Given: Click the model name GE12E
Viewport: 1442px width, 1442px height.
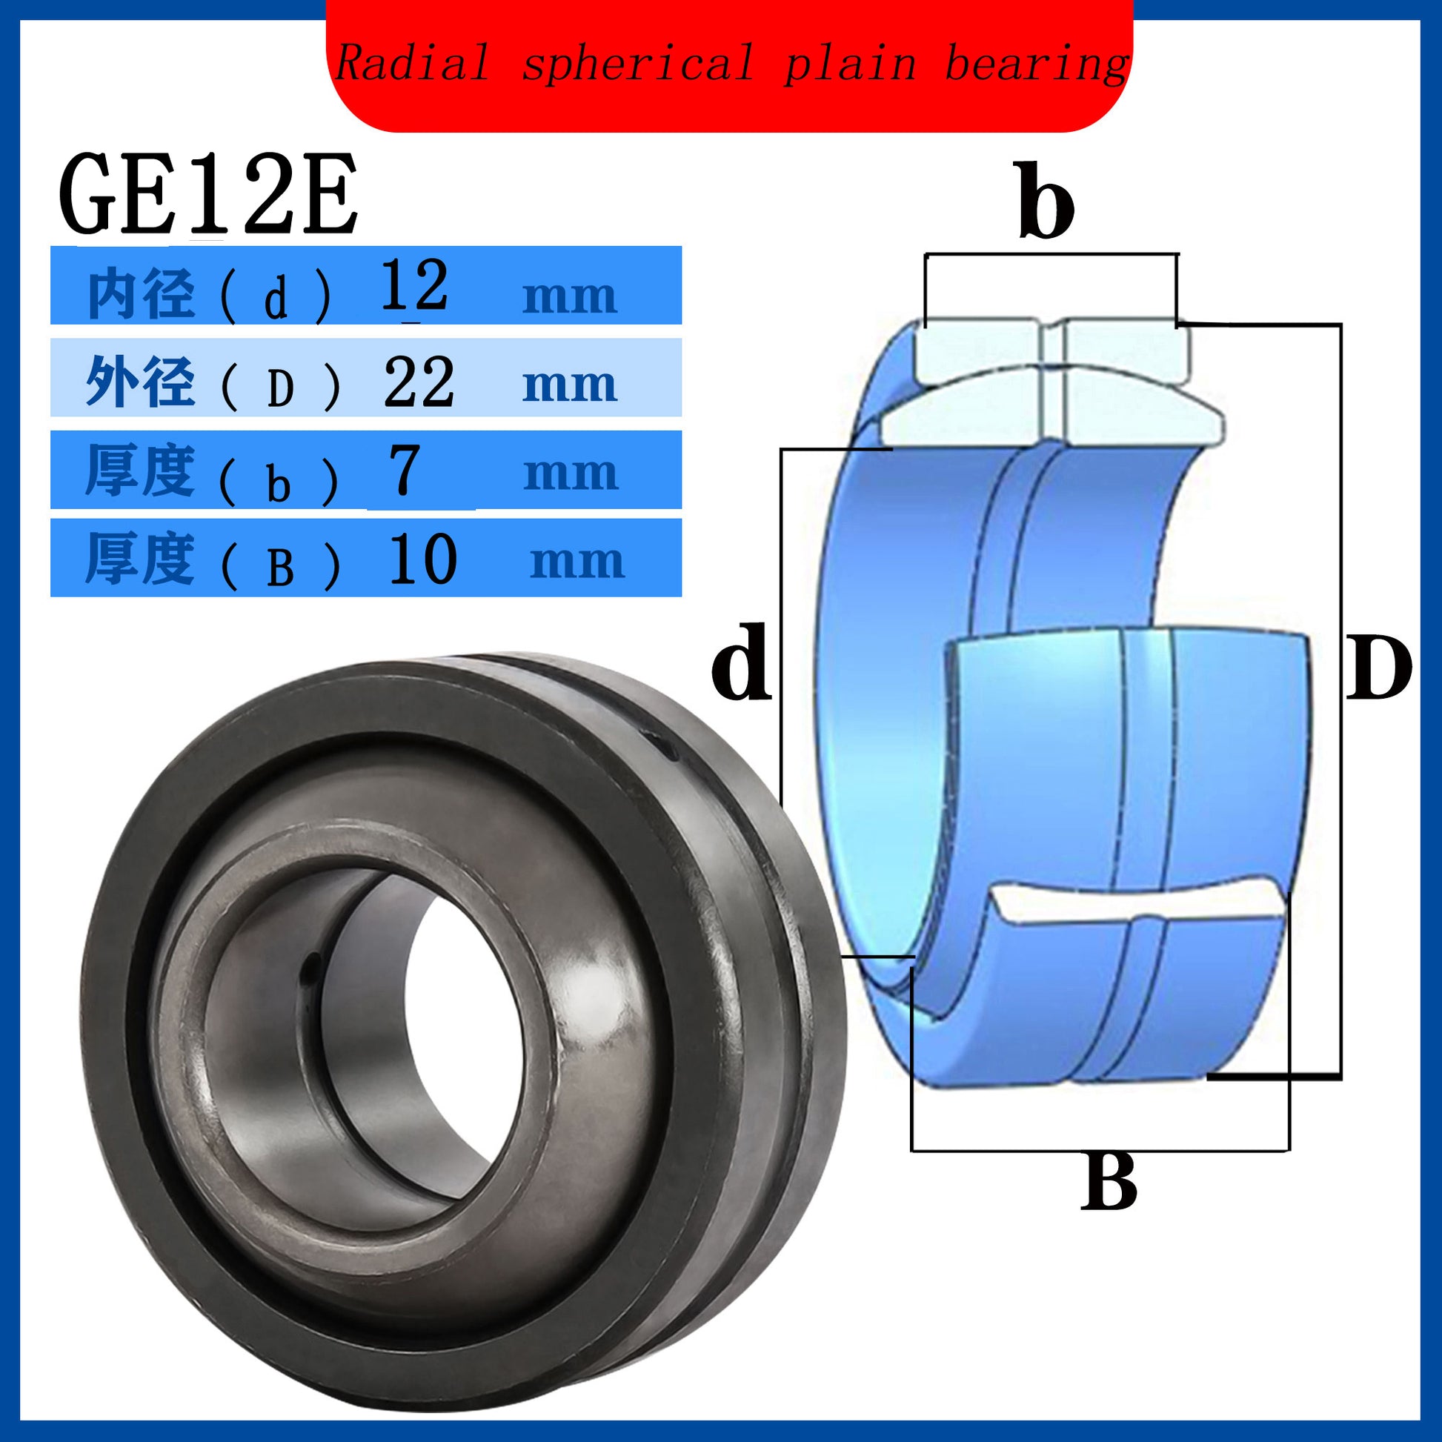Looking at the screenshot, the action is (208, 195).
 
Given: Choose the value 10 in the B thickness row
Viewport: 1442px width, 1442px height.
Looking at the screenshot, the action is (422, 557).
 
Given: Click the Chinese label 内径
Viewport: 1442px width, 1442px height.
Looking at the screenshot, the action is (142, 295).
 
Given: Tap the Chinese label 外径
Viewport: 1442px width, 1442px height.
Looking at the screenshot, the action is (140, 382).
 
